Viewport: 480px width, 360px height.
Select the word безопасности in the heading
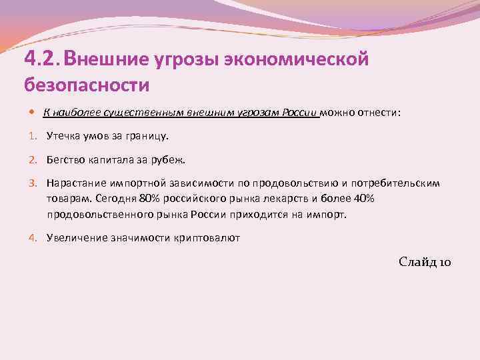87,85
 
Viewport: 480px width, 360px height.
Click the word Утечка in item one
64,136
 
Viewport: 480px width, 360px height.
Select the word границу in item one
149,136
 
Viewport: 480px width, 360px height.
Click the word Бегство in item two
66,160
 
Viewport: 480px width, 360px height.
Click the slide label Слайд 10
425,262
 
